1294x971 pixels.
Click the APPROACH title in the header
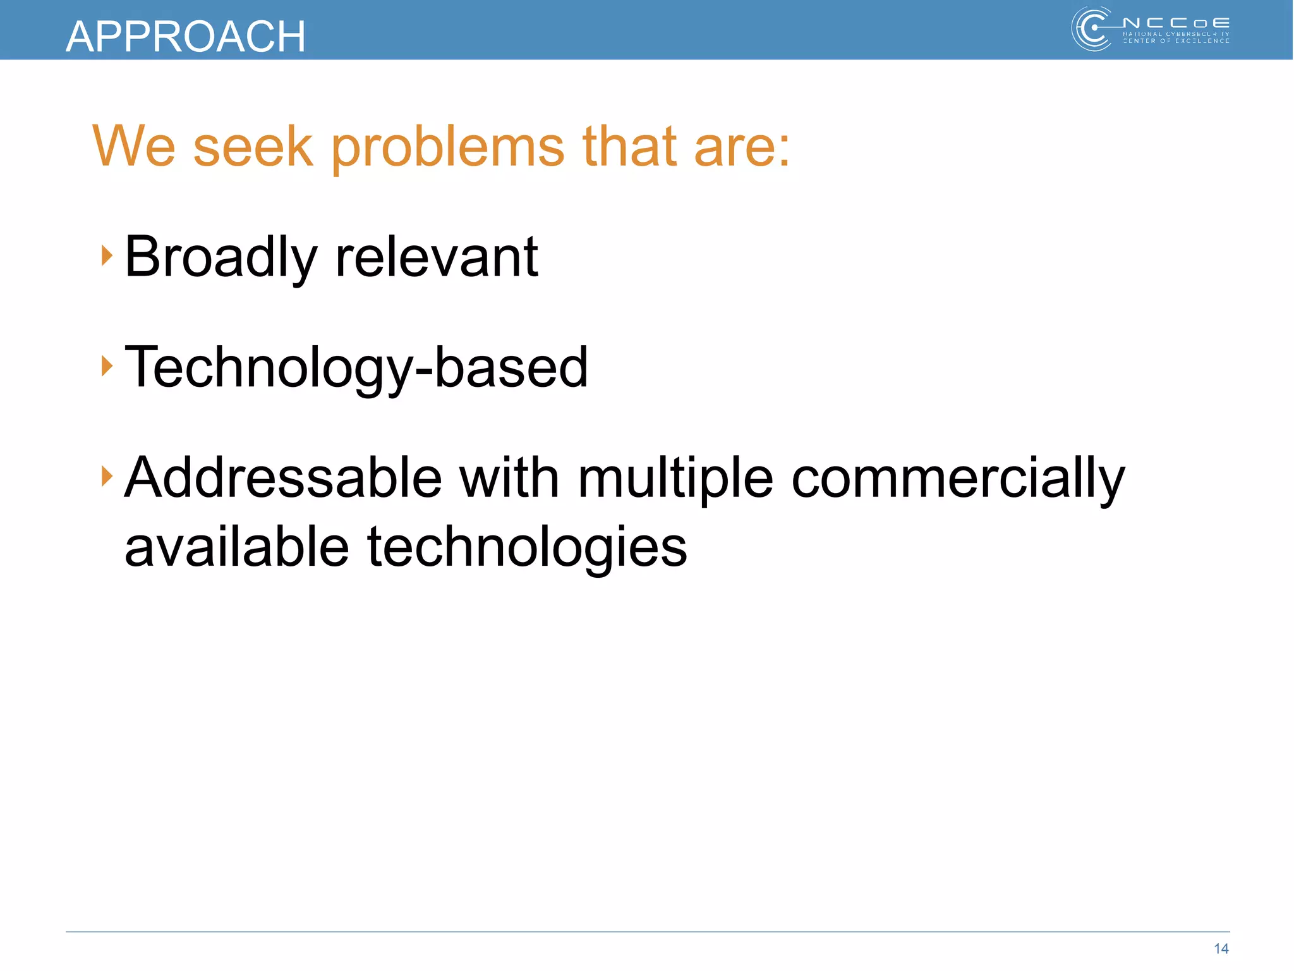click(185, 36)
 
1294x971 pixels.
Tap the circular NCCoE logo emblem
click(1092, 29)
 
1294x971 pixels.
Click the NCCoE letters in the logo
click(1176, 23)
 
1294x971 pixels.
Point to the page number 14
click(1221, 948)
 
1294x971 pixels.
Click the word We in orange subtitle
click(133, 147)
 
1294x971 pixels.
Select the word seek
click(253, 147)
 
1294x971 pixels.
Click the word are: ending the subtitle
click(742, 148)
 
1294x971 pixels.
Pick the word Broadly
click(221, 257)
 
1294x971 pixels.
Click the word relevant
click(437, 257)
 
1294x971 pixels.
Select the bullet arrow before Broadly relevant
click(107, 256)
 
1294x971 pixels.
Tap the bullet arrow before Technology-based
click(107, 366)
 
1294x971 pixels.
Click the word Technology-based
click(356, 368)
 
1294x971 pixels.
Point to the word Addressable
click(282, 478)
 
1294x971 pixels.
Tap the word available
click(236, 547)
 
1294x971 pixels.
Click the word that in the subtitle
click(629, 147)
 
